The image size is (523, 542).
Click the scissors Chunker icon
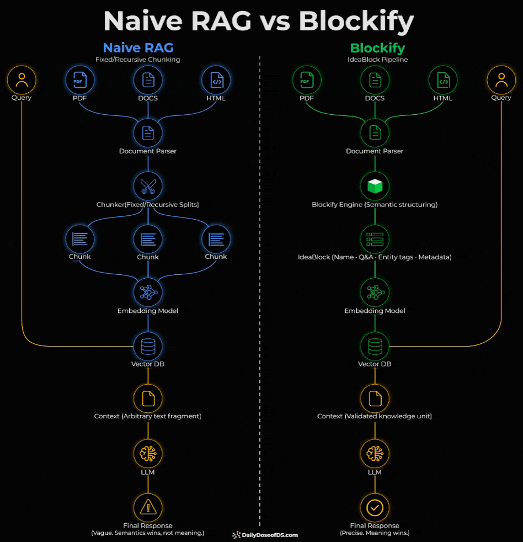[x=148, y=185]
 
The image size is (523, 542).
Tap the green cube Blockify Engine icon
[x=375, y=185]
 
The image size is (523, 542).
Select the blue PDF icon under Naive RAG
[x=80, y=80]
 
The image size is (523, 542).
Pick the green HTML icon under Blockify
[x=443, y=80]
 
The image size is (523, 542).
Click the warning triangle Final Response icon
[x=148, y=507]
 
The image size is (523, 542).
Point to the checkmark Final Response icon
[x=375, y=507]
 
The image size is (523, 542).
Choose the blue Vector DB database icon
[x=148, y=346]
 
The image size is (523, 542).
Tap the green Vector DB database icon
[x=375, y=346]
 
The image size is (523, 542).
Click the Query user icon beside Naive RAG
[x=22, y=80]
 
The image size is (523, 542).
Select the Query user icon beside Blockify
[x=501, y=80]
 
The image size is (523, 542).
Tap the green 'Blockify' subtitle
[x=377, y=48]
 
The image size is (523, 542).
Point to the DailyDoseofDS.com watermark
[x=265, y=535]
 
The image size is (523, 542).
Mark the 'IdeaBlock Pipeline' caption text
[x=377, y=60]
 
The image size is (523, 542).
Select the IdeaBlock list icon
[x=375, y=238]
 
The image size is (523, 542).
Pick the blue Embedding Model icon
[x=148, y=292]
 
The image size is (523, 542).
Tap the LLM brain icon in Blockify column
[x=375, y=453]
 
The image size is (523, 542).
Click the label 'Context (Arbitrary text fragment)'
[x=148, y=416]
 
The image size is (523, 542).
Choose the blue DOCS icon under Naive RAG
[x=148, y=80]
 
